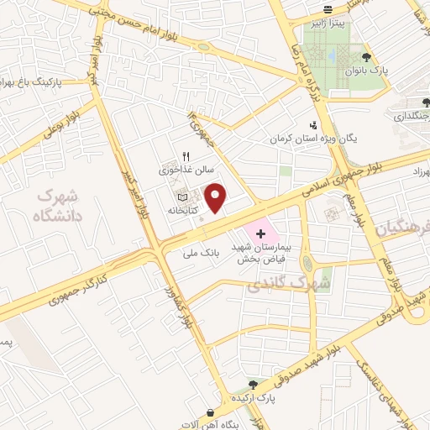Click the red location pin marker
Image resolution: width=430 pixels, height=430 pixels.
point(217,197)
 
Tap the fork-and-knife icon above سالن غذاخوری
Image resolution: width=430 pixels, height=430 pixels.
point(186,156)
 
